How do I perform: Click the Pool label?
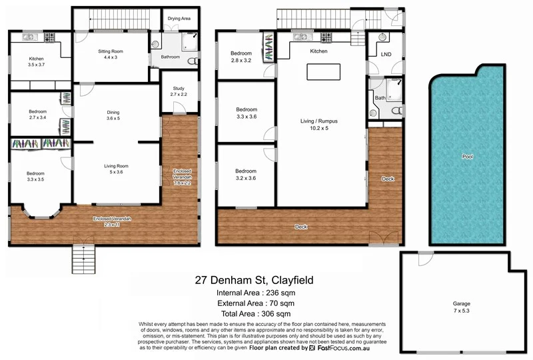pos(468,156)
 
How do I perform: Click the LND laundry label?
pos(386,54)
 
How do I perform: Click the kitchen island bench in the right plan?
pos(322,71)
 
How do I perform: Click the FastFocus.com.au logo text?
pos(344,347)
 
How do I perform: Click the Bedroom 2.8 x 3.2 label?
pos(241,57)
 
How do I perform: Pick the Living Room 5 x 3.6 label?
pos(115,169)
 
